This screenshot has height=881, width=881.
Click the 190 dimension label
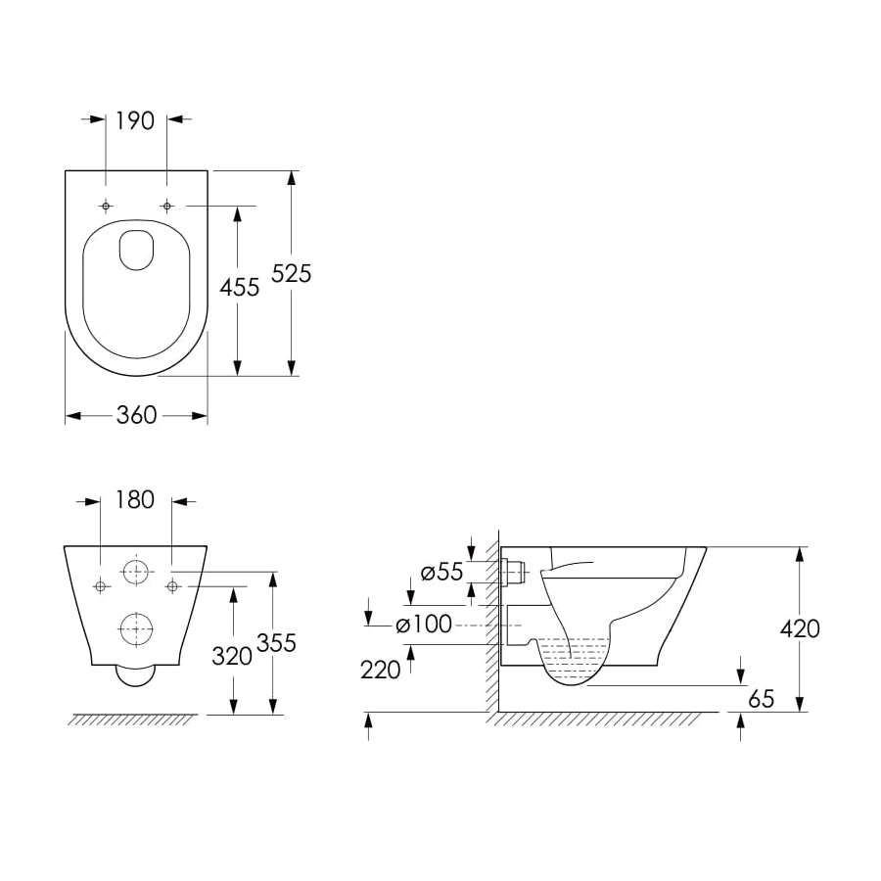point(136,120)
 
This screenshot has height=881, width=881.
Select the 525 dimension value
point(292,274)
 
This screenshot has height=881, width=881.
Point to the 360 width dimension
point(136,415)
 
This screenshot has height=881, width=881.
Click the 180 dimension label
point(135,500)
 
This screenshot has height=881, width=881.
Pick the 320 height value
point(232,656)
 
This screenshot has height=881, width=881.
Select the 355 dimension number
point(275,643)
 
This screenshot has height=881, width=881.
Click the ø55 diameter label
point(441,573)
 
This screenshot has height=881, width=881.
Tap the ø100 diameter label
point(424,625)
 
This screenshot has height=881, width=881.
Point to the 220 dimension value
point(381,670)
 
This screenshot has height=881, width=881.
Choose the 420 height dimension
point(800,628)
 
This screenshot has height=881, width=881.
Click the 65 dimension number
point(761,699)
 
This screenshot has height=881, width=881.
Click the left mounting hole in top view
point(106,206)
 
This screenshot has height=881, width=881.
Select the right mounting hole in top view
point(166,206)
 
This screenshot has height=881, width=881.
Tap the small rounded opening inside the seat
point(136,250)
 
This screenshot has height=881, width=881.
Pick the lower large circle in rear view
point(136,628)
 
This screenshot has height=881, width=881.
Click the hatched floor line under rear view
point(132,719)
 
